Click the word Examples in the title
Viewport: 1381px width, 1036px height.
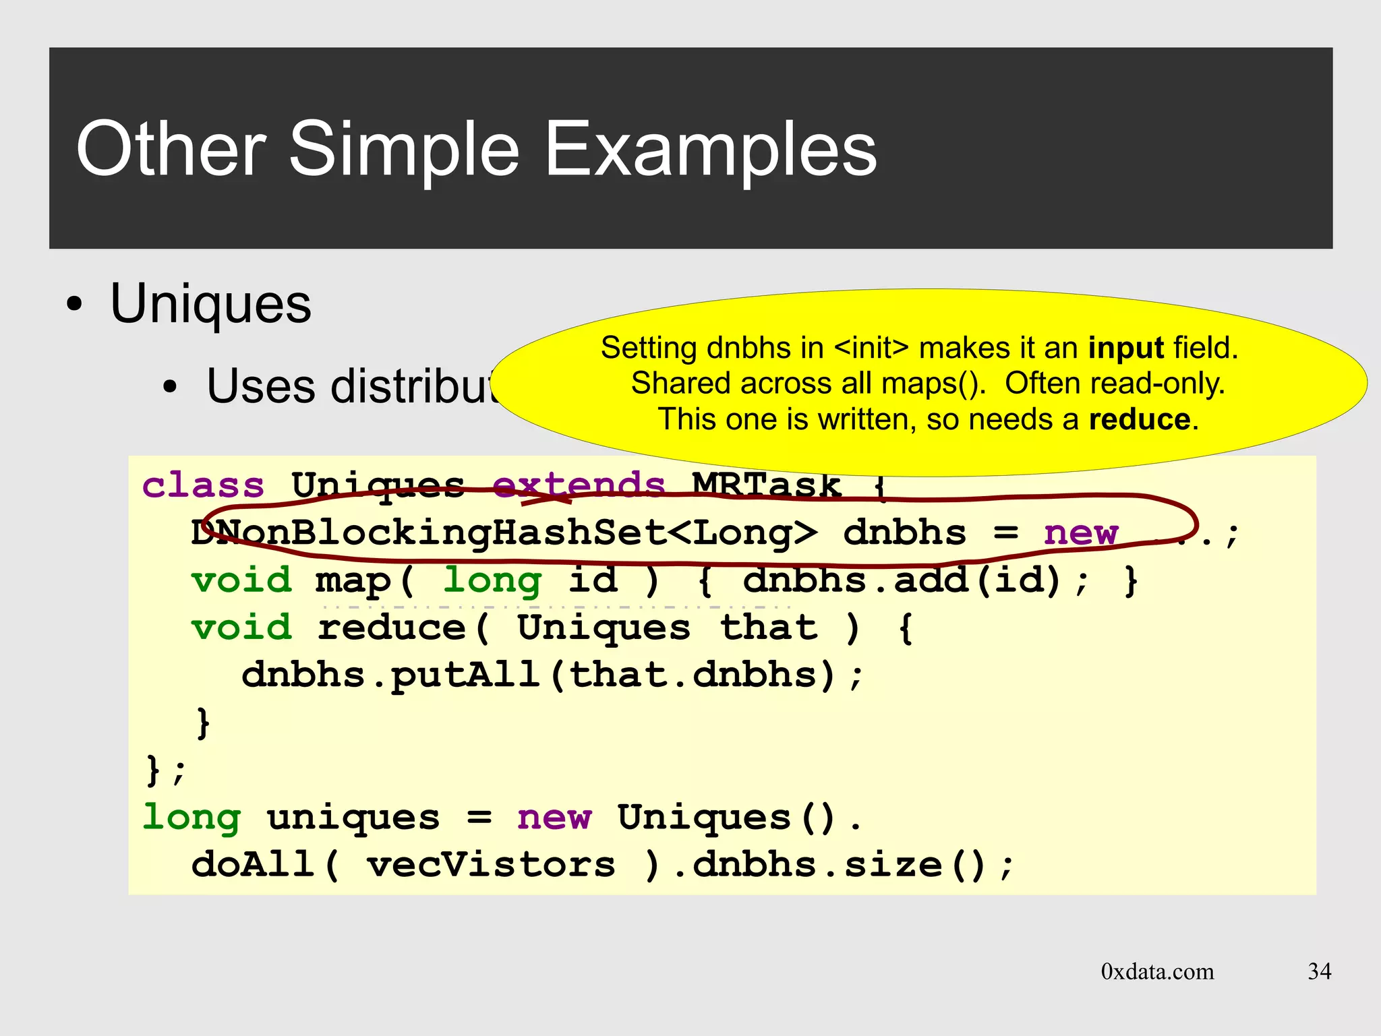(709, 150)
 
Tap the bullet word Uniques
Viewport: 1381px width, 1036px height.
(210, 304)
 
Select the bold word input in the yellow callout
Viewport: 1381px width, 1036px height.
(1125, 348)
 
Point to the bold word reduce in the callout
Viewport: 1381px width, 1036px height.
(1140, 420)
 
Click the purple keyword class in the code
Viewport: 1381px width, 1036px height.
(203, 486)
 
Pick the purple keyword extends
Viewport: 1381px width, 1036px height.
(579, 486)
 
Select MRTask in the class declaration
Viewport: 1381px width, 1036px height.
(767, 486)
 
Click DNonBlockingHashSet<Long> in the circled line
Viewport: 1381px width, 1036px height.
(504, 533)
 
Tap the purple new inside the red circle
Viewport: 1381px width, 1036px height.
(1080, 533)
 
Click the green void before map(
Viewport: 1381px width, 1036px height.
(241, 580)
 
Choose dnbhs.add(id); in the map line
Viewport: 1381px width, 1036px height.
(915, 580)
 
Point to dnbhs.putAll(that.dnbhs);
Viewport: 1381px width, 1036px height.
(552, 675)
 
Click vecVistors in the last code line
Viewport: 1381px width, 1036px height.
(490, 865)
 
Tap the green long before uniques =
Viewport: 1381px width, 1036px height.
(192, 818)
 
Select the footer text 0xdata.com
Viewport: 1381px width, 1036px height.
(1157, 971)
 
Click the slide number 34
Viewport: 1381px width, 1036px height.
(1319, 971)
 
